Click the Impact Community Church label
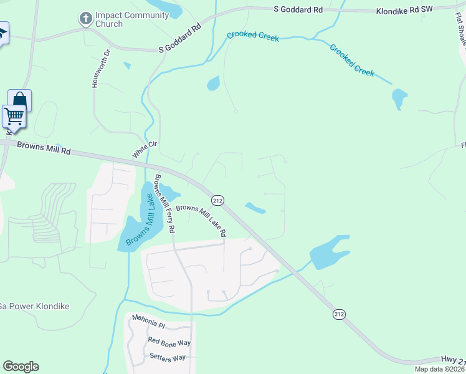point(133,19)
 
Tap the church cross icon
point(86,19)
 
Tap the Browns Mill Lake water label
point(140,220)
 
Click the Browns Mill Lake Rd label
point(201,221)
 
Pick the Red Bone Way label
point(169,342)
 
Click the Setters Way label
point(168,357)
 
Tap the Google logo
point(21,367)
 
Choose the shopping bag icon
point(19,100)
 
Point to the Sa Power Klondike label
point(34,306)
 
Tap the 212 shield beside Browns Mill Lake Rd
point(217,200)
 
